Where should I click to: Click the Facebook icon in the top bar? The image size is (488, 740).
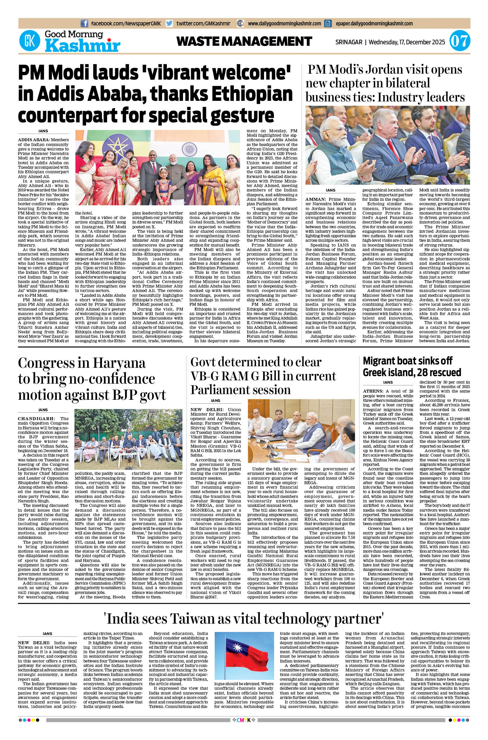tap(84, 23)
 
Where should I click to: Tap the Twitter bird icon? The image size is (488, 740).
tap(169, 23)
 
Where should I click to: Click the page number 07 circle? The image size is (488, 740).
tap(460, 42)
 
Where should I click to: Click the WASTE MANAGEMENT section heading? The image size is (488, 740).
tap(244, 41)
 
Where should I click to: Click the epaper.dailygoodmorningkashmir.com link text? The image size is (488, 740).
tap(374, 23)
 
